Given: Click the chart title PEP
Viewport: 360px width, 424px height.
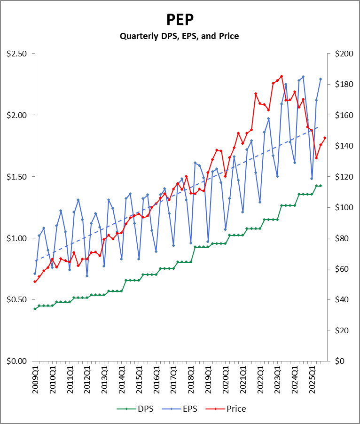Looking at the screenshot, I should click(180, 20).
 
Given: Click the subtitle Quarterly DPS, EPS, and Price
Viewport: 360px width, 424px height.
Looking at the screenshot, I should click(180, 36).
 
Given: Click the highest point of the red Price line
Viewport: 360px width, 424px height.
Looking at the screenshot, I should click(282, 76).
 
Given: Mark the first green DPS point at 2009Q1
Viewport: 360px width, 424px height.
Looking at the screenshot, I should click(35, 309).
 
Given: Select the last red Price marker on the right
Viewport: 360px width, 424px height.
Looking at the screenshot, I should click(325, 138).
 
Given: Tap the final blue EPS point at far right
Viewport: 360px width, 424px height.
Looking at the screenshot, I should click(321, 79).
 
